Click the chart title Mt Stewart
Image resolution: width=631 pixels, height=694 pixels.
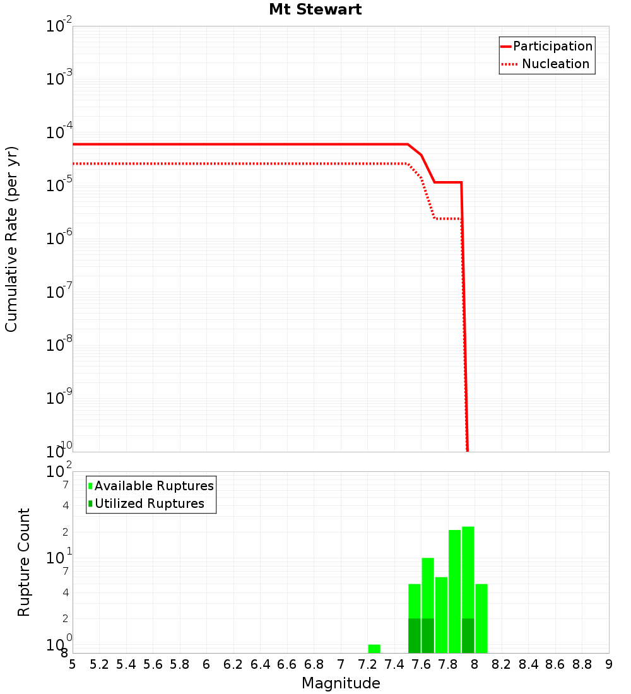pos(315,9)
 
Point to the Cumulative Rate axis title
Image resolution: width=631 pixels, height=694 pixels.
pos(11,239)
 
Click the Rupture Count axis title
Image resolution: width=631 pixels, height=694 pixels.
pos(24,562)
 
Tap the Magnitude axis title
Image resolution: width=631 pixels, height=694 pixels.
pos(341,683)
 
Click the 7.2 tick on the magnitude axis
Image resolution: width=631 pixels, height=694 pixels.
pos(368,664)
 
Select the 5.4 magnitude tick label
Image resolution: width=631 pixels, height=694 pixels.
pos(126,664)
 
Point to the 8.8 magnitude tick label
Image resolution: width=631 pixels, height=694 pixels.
pos(582,664)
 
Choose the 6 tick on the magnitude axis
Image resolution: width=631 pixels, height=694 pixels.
pos(206,664)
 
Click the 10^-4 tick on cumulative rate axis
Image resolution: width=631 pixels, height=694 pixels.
pos(59,133)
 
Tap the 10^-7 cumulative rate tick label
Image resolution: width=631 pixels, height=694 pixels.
pos(59,293)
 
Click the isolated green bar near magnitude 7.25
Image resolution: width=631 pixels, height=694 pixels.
pos(374,649)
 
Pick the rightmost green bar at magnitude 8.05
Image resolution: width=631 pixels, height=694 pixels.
pos(481,618)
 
